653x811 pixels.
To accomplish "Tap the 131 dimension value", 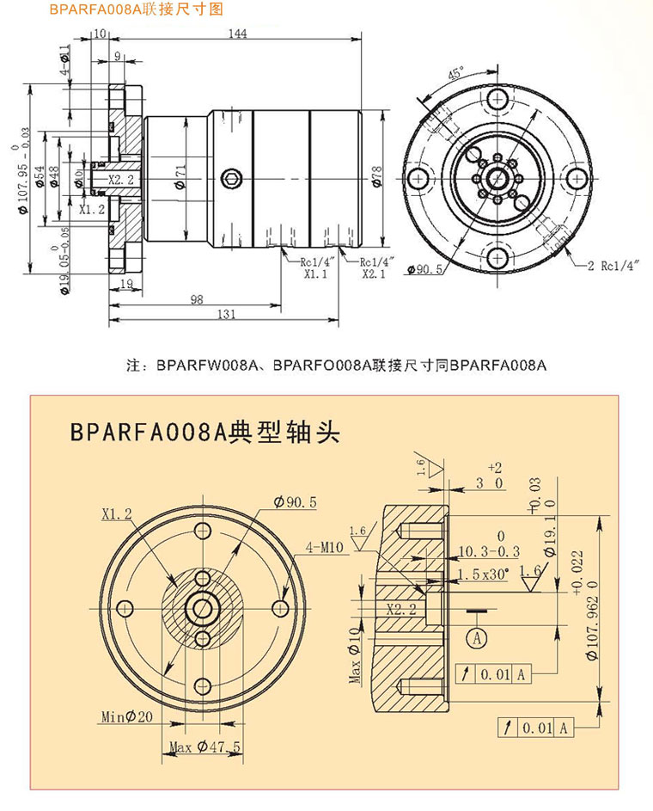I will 225,315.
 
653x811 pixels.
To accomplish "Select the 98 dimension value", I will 196,298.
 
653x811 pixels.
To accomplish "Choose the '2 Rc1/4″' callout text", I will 615,267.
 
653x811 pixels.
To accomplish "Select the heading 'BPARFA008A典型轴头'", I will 205,433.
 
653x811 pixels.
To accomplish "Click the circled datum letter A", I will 474,637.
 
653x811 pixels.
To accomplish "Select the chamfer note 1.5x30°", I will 484,572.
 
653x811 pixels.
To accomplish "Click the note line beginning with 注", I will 336,366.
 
